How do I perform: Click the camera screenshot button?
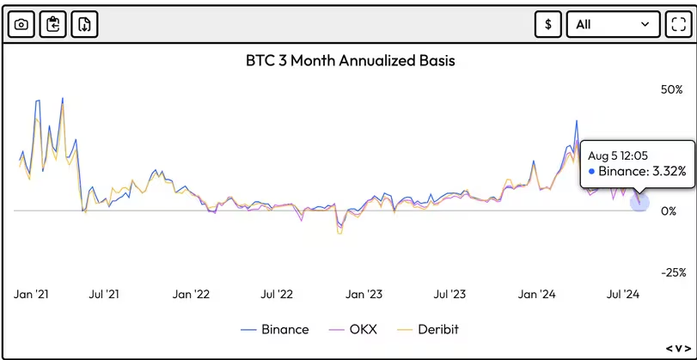(21, 24)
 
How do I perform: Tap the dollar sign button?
(547, 24)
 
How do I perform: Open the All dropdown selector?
(613, 24)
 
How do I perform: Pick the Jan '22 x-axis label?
(191, 295)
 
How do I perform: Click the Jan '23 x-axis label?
(364, 295)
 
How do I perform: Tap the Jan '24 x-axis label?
(537, 295)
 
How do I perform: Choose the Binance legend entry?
(275, 329)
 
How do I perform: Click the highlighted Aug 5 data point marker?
(639, 202)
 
